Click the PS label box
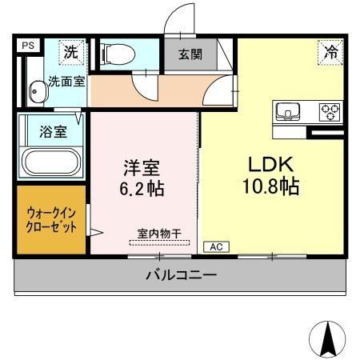click(26, 46)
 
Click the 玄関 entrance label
click(190, 55)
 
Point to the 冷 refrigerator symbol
click(330, 52)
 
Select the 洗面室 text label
click(64, 81)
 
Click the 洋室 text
click(142, 170)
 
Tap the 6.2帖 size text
click(142, 190)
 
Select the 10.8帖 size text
click(271, 187)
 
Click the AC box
click(215, 247)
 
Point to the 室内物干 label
click(158, 234)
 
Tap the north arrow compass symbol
click(326, 338)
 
